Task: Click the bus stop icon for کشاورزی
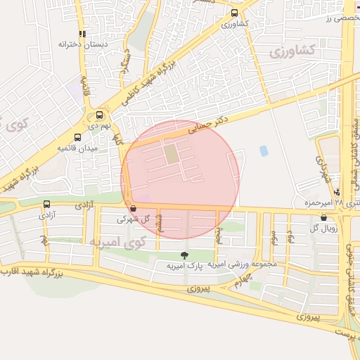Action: (235, 13)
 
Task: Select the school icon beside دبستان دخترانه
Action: (83, 33)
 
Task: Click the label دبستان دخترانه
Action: (76, 44)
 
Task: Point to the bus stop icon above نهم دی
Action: (99, 114)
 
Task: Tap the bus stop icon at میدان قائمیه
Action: (77, 138)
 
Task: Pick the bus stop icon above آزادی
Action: (47, 204)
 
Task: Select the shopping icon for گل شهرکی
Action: (134, 208)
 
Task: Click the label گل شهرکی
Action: (138, 219)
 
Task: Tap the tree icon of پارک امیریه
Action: (185, 255)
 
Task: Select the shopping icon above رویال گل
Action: (323, 218)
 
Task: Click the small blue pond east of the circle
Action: (264, 150)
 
